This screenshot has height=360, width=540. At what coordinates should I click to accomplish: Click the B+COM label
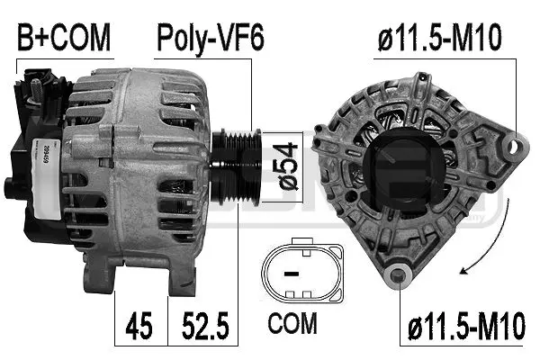tap(64, 37)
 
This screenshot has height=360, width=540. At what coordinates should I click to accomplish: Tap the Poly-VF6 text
tap(211, 38)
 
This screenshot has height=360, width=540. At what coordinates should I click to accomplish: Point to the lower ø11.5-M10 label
tap(466, 325)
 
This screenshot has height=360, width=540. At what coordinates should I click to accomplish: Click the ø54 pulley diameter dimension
tap(288, 166)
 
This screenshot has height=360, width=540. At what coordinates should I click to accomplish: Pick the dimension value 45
tap(139, 326)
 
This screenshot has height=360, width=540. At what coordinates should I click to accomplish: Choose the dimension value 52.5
tap(205, 326)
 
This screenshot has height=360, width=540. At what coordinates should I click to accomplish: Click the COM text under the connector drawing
tap(292, 323)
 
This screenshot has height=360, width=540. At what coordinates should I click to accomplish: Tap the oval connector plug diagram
tap(302, 272)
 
